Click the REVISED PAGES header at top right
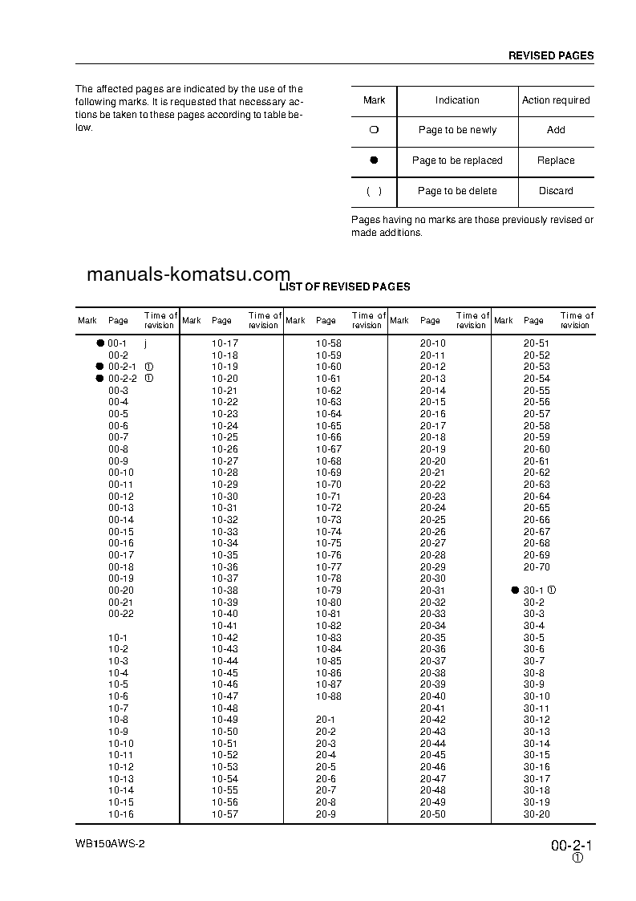point(551,56)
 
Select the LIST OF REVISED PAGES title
point(344,286)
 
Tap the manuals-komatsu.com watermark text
point(188,274)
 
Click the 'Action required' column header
point(556,100)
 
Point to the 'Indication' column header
point(457,100)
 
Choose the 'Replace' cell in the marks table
point(556,160)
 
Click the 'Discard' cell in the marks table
point(556,191)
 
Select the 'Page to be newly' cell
point(457,130)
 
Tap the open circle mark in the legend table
point(374,130)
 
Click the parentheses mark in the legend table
point(374,191)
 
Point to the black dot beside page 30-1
point(515,591)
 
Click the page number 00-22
point(121,614)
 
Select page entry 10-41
point(225,626)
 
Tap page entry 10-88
point(328,696)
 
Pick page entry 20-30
point(432,578)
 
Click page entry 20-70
point(537,567)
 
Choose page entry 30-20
point(537,814)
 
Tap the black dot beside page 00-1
point(100,343)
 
